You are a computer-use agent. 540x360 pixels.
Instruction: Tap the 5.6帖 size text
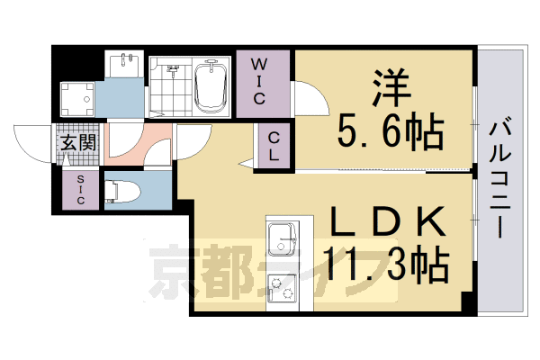pos(390,133)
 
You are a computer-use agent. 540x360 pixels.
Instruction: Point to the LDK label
pos(390,221)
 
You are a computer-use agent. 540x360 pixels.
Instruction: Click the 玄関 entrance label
pos(77,142)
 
